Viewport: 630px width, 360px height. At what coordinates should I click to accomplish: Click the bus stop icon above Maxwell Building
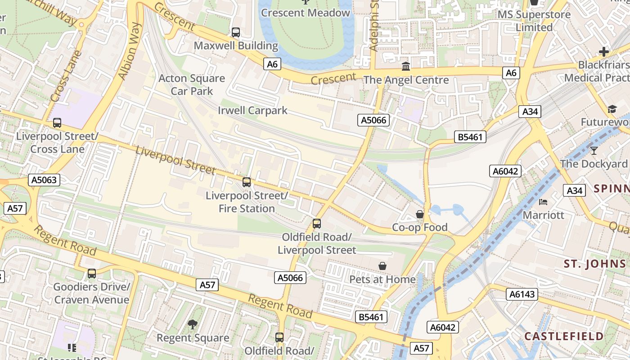click(235, 32)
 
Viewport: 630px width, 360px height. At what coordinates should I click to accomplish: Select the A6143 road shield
click(522, 294)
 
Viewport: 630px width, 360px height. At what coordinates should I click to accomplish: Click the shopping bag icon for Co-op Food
click(420, 214)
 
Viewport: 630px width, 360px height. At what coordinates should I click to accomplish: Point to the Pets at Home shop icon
click(382, 266)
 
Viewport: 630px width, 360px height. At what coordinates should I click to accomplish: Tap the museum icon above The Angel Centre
click(406, 67)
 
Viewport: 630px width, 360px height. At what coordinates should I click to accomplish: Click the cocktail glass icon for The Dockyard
click(594, 150)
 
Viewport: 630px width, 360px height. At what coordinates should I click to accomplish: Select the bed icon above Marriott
click(543, 202)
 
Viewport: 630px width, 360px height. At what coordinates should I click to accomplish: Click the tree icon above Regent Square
click(193, 324)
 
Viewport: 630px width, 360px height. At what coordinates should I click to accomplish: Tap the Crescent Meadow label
click(306, 13)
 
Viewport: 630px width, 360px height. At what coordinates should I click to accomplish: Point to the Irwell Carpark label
click(252, 110)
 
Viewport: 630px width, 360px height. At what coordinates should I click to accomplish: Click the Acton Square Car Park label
click(192, 85)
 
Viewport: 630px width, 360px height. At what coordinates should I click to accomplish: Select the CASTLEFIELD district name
click(564, 336)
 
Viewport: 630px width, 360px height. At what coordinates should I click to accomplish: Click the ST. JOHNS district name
click(595, 264)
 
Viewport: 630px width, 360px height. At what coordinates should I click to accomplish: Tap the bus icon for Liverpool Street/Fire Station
click(247, 182)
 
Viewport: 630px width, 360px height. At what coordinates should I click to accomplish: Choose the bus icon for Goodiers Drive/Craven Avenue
click(92, 274)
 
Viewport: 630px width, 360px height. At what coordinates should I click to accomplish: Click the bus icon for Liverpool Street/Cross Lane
click(57, 123)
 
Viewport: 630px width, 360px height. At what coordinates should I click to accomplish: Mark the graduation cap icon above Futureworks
click(612, 109)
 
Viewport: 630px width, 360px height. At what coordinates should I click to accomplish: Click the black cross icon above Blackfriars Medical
click(603, 52)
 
